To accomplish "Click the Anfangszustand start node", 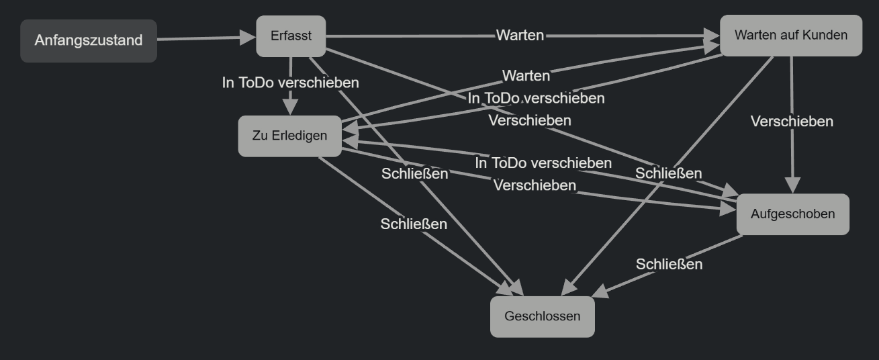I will (89, 40).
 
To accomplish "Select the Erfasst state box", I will (291, 36).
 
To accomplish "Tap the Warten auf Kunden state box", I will (790, 36).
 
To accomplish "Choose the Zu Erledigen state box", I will (289, 136).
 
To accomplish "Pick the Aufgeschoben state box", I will (792, 214).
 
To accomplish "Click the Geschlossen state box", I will (542, 316).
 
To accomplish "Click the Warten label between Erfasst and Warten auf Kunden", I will (520, 36).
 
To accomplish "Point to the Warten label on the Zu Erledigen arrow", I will (526, 75).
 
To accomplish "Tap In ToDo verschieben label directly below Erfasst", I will (290, 83).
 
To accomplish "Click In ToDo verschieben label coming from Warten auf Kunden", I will (536, 98).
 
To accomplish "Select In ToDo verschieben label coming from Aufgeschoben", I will (543, 163).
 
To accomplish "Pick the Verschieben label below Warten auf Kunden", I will (792, 122).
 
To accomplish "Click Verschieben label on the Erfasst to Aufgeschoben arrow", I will (530, 120).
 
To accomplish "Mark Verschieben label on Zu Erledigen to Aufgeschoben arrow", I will (535, 185).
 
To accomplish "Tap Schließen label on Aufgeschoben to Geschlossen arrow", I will (669, 265).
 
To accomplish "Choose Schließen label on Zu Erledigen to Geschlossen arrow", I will (414, 224).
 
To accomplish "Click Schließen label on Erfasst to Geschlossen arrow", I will (414, 174).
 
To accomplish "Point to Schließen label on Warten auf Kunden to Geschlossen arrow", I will (668, 173).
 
